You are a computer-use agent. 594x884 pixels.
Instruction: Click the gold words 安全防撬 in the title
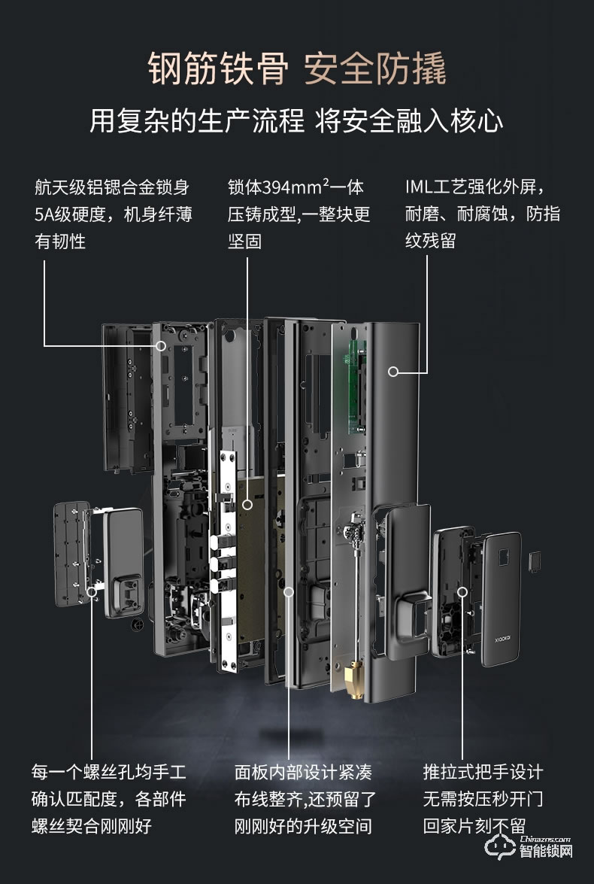pos(375,69)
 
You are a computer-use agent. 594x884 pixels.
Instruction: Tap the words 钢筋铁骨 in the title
pos(218,69)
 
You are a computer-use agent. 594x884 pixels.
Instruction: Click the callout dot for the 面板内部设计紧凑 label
pos(288,593)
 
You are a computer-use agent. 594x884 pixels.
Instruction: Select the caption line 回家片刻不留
pos(474,825)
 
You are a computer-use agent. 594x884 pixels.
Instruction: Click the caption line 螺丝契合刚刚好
pos(91,825)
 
